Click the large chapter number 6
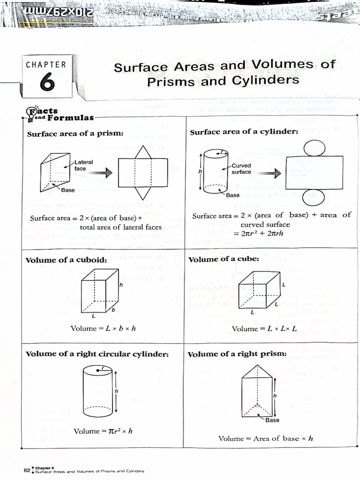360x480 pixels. point(46,82)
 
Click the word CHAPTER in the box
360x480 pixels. point(46,65)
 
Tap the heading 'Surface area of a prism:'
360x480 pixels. point(75,134)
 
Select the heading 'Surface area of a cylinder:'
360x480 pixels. point(244,132)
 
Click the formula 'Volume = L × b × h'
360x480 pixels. point(103,328)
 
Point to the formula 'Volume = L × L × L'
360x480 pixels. point(264,329)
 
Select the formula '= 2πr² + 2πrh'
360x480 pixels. point(269,234)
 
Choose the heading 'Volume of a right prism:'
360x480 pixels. point(237,354)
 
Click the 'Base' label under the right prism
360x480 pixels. point(272,420)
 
